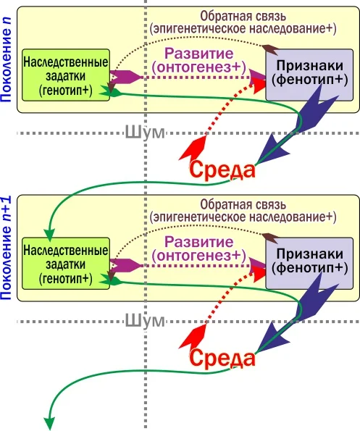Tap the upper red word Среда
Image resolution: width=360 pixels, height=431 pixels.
(x=222, y=170)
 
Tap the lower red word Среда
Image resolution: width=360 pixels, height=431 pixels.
(x=222, y=359)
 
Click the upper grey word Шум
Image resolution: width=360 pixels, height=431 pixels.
(x=144, y=133)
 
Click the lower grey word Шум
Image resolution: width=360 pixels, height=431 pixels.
(x=144, y=320)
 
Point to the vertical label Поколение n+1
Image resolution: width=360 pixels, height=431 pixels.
(x=8, y=246)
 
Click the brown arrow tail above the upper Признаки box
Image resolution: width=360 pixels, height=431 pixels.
(x=269, y=50)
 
